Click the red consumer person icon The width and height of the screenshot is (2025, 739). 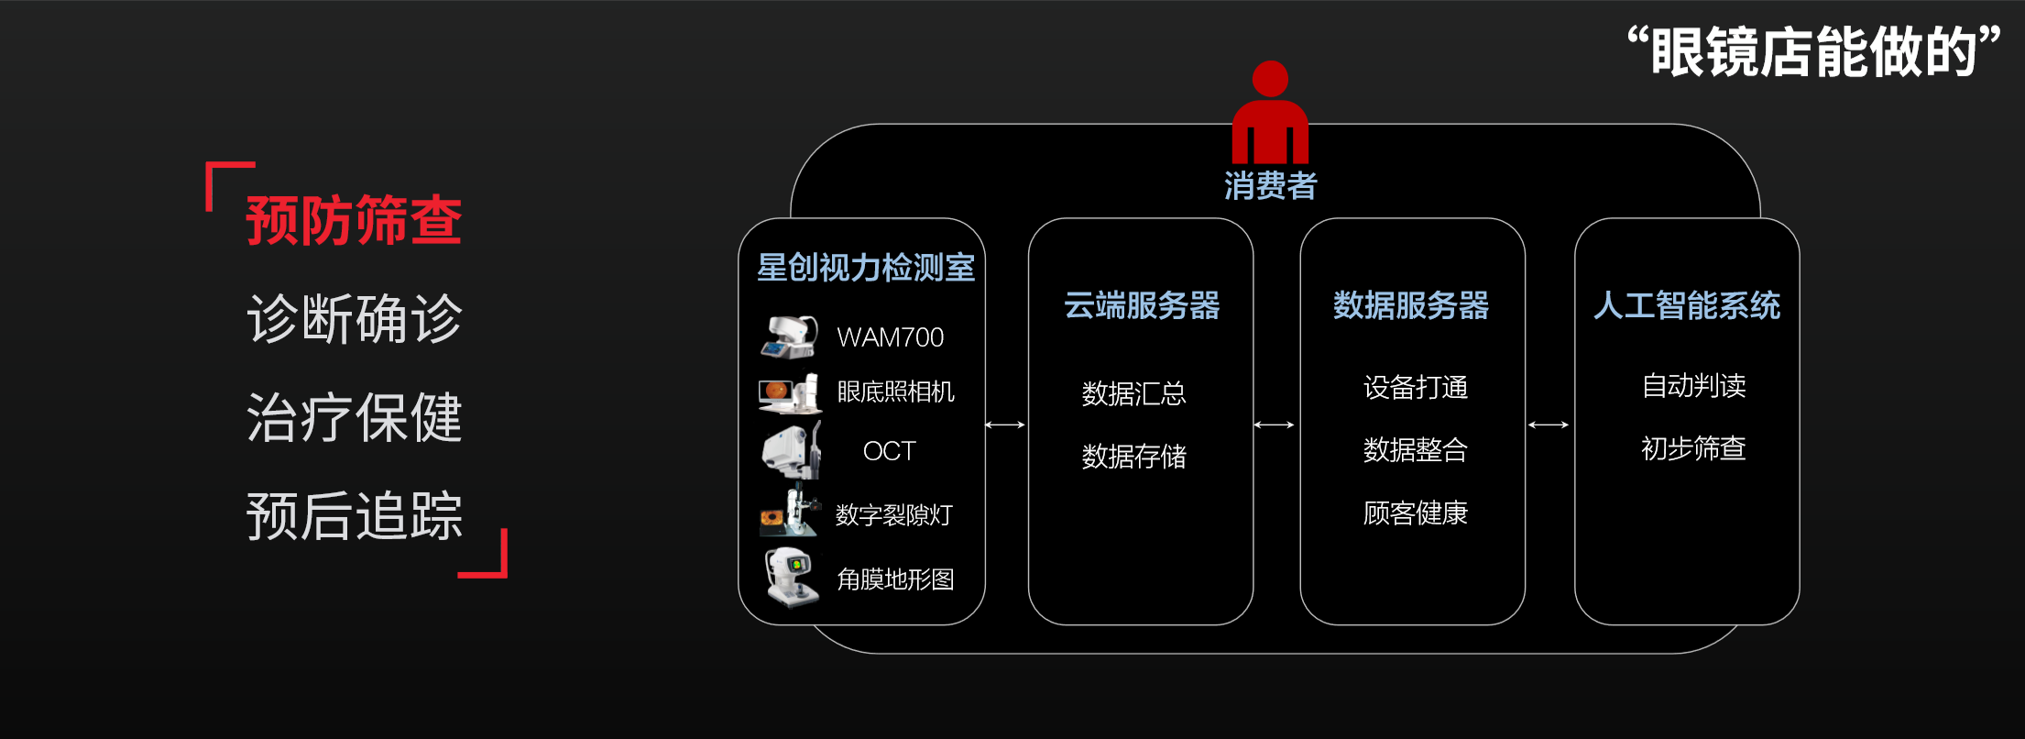(1270, 113)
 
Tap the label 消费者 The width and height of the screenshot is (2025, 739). (1270, 185)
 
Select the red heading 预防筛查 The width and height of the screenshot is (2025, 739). (355, 220)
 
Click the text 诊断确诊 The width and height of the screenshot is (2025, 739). (355, 318)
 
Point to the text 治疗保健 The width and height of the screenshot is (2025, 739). (355, 417)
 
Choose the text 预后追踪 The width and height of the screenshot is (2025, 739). (355, 515)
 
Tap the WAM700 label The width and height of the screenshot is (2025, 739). (891, 337)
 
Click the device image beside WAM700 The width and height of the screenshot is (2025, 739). (789, 336)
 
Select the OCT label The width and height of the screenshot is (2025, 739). (890, 451)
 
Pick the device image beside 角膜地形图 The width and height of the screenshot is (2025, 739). (793, 578)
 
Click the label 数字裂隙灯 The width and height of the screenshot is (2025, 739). (894, 514)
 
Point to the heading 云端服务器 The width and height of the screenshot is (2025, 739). (1142, 305)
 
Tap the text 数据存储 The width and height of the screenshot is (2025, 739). (1134, 456)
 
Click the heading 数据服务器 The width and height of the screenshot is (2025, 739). (1411, 305)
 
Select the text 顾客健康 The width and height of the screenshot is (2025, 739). (1416, 513)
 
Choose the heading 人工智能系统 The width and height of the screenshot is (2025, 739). (1687, 305)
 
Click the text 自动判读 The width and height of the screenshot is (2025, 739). (1694, 385)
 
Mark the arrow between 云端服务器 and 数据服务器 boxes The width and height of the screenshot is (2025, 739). (1275, 425)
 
